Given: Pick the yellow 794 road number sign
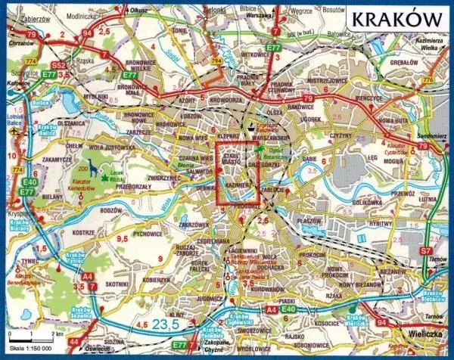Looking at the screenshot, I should [218, 60].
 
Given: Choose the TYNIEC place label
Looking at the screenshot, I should [29, 260].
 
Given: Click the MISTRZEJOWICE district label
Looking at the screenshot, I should [326, 79].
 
